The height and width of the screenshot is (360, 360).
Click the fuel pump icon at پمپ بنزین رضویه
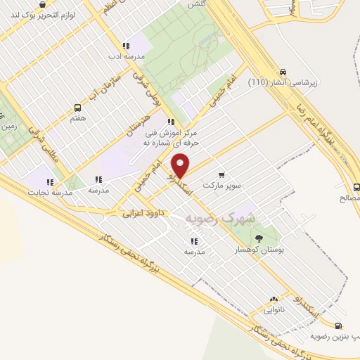[340, 326]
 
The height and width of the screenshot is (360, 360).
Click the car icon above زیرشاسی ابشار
[283, 72]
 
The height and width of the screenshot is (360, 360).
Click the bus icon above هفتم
[77, 108]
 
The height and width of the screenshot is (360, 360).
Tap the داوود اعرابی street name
[143, 211]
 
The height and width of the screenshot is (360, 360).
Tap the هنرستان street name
[139, 121]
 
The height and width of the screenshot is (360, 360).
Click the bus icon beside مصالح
[356, 186]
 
